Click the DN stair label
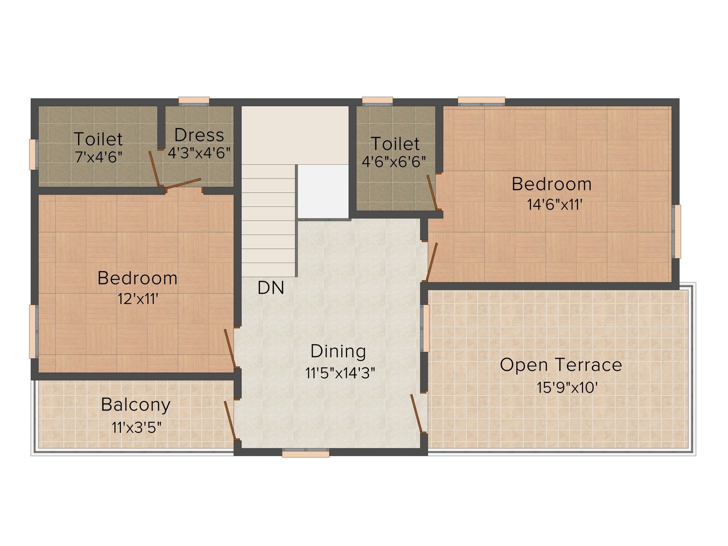pyautogui.click(x=271, y=288)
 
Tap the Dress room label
pyautogui.click(x=199, y=135)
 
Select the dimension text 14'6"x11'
pyautogui.click(x=555, y=204)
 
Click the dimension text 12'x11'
pyautogui.click(x=138, y=299)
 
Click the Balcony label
pyautogui.click(x=135, y=405)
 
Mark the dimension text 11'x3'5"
pyautogui.click(x=136, y=427)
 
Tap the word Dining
pyautogui.click(x=338, y=351)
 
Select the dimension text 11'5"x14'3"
pyautogui.click(x=340, y=373)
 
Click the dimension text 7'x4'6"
pyautogui.click(x=99, y=157)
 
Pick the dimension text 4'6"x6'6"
pyautogui.click(x=394, y=162)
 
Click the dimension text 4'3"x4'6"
pyautogui.click(x=199, y=153)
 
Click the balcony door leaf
pyautogui.click(x=230, y=420)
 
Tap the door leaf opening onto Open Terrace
pyautogui.click(x=416, y=414)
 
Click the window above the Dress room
pyautogui.click(x=194, y=101)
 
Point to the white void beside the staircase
pyautogui.click(x=323, y=191)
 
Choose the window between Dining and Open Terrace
pyautogui.click(x=425, y=328)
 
